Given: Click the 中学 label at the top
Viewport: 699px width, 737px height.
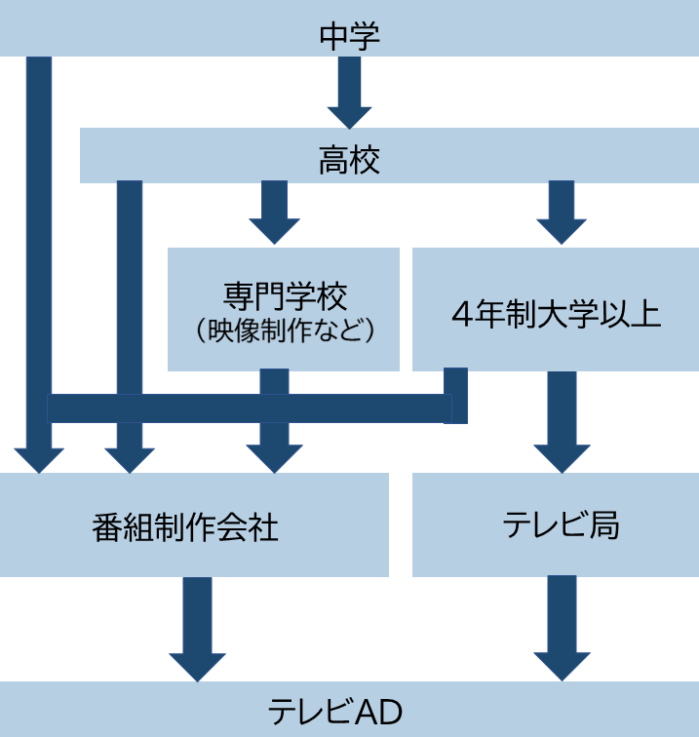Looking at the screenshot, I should point(349,36).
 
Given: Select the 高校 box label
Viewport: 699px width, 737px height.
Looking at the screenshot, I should point(349,159).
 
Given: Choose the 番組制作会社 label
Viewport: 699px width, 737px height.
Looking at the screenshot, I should point(185,527).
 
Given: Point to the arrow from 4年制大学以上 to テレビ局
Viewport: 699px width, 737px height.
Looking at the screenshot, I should point(562,419).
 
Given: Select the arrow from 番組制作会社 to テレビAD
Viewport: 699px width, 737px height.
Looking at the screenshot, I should point(197,629).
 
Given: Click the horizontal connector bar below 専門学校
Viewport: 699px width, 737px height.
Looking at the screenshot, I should point(244,408).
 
